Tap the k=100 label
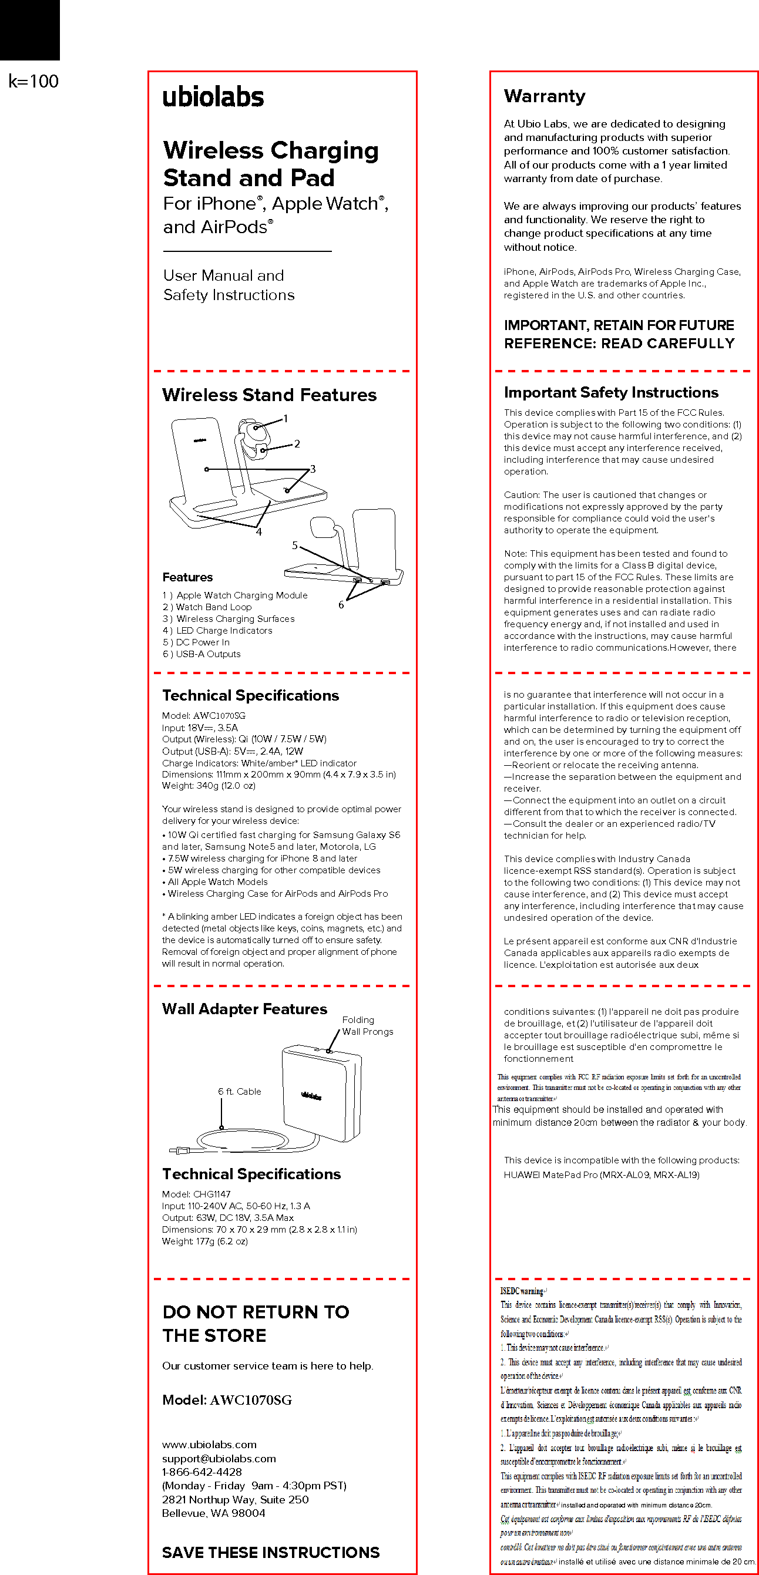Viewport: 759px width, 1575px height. click(x=33, y=81)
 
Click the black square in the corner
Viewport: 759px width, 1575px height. click(x=29, y=29)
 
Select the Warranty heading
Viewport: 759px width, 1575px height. click(x=545, y=96)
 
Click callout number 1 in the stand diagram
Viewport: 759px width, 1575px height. click(x=285, y=419)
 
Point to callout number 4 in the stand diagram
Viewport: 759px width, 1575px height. click(x=258, y=532)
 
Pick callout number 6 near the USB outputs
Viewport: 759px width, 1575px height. click(x=341, y=605)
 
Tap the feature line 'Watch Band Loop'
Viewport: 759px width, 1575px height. click(x=207, y=607)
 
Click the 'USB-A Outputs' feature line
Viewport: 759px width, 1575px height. click(x=202, y=654)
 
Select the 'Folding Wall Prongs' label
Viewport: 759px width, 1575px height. click(x=367, y=1026)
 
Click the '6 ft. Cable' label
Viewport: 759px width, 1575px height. click(x=239, y=1091)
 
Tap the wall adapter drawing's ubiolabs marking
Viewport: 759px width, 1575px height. click(x=311, y=1096)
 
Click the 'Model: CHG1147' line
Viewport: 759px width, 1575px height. click(x=196, y=1194)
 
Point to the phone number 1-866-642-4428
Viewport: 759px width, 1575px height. click(x=202, y=1472)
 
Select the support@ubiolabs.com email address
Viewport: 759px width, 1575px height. click(x=219, y=1458)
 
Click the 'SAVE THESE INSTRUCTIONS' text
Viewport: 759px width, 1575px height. click(x=270, y=1552)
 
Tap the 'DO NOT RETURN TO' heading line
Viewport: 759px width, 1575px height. click(x=256, y=1312)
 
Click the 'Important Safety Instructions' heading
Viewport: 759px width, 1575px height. click(x=610, y=392)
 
